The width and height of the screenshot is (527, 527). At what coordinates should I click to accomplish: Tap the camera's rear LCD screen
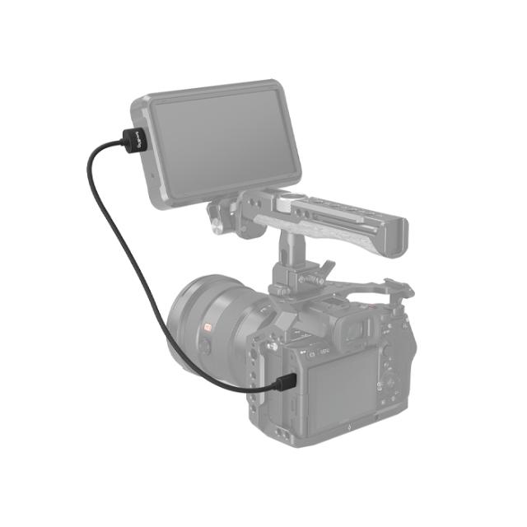(x=338, y=387)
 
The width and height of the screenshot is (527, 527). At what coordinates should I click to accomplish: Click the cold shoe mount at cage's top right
(x=399, y=288)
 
